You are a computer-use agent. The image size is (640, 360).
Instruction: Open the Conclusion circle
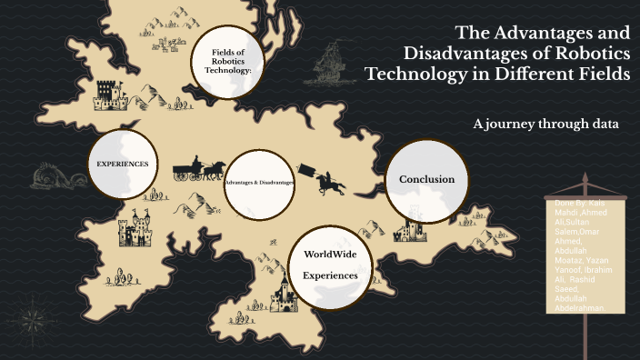point(425,179)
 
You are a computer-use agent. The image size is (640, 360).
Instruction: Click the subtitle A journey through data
point(545,124)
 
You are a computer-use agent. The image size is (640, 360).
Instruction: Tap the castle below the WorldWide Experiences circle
point(285,295)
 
